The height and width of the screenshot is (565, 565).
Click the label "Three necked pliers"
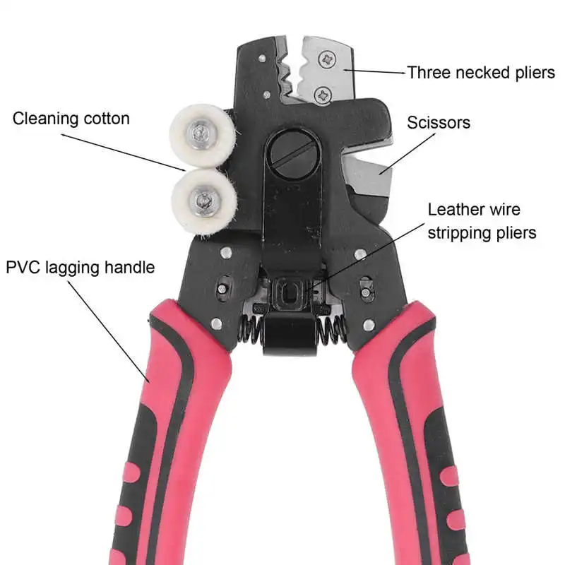point(481,73)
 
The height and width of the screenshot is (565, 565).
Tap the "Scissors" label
point(439,123)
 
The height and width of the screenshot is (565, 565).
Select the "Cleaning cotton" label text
point(71,119)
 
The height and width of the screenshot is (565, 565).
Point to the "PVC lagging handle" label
point(81,268)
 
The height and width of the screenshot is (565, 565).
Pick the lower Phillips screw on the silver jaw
point(323,96)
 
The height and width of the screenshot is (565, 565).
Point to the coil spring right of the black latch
point(332,331)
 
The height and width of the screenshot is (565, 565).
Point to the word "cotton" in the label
point(107,119)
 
